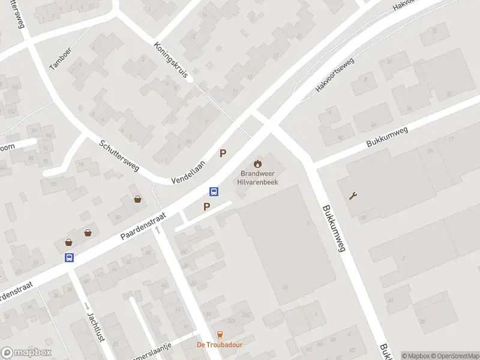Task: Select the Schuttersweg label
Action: [x=119, y=155]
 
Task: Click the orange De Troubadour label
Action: [x=219, y=345]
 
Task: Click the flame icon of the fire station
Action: [x=258, y=163]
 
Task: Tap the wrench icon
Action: [x=353, y=196]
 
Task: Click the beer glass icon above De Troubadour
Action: [x=219, y=335]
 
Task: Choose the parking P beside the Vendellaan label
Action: [x=223, y=154]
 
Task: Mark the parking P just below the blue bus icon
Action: [x=207, y=207]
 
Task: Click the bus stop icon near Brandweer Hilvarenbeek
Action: [x=214, y=192]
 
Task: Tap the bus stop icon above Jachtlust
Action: [x=70, y=257]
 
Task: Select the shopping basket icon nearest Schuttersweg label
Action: [x=139, y=200]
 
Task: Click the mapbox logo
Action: [x=26, y=353]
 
